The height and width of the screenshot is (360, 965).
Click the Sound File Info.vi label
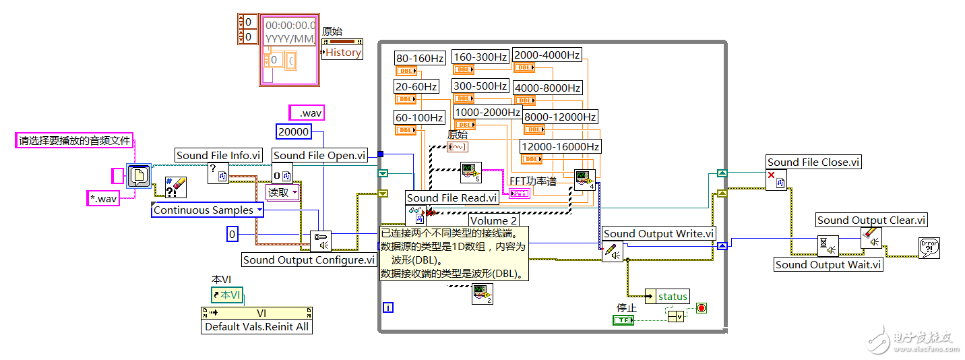218,155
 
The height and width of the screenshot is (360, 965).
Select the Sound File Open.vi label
319,155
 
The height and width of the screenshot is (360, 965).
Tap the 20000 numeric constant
293,132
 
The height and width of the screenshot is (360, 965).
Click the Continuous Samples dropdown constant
208,210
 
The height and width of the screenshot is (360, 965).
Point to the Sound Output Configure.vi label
309,260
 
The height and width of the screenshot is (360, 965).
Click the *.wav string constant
103,198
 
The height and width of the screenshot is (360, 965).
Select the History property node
343,53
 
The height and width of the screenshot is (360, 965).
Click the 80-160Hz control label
420,58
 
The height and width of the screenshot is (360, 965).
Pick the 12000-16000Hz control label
560,146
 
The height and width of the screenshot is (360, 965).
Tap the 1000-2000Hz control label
487,112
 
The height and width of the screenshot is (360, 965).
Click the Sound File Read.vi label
452,198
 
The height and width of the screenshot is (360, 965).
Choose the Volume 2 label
493,220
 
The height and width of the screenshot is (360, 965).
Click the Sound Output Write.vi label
658,233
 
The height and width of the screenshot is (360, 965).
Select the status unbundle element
673,297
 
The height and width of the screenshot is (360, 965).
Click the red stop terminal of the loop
701,308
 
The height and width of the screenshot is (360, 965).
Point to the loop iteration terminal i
387,307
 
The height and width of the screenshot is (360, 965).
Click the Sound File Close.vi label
814,162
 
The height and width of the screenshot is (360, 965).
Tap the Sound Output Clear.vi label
871,220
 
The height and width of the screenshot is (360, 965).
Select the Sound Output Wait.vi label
828,264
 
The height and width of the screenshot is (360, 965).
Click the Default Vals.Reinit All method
257,327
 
